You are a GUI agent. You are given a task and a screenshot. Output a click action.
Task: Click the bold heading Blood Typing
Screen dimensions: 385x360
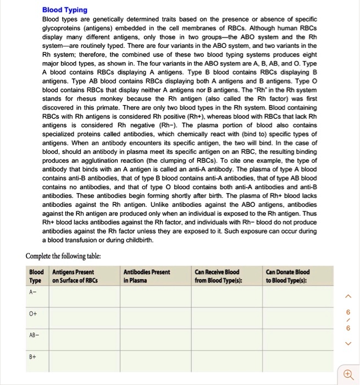(x=65, y=10)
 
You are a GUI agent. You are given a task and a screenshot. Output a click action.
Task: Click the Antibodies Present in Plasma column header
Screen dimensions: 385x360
(x=147, y=276)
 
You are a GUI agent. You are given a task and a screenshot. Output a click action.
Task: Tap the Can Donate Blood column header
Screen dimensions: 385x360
(x=287, y=276)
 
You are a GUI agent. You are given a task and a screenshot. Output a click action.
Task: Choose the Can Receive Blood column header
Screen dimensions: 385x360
(x=217, y=276)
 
